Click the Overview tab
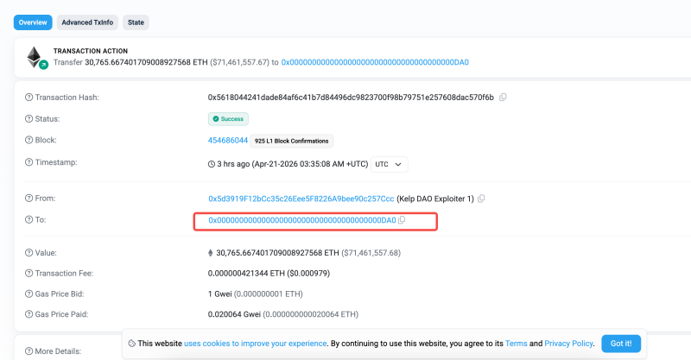(33, 22)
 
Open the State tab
(136, 22)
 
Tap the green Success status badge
(228, 118)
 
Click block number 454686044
(228, 140)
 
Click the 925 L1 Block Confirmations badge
(293, 140)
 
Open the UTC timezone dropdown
(389, 163)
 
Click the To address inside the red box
(301, 221)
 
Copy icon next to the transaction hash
(503, 98)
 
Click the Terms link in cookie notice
(516, 344)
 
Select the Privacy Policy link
(569, 344)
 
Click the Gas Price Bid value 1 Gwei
(221, 294)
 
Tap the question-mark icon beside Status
(29, 118)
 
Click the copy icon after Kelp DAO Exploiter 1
(481, 199)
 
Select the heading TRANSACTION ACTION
(90, 51)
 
